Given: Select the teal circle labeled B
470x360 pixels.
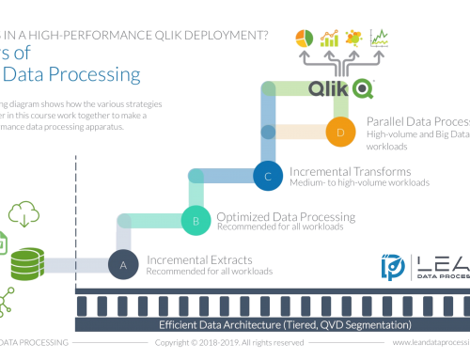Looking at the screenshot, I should pos(196,222).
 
